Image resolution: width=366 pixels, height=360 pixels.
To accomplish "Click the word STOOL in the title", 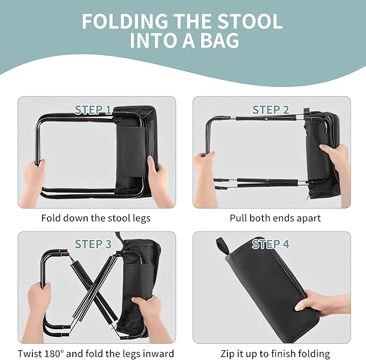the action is (x=250, y=22).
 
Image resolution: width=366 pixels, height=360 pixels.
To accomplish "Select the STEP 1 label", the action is (x=93, y=110).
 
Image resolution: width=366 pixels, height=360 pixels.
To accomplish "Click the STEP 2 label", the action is (x=271, y=110).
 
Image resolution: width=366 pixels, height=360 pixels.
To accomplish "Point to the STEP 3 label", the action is (x=93, y=244).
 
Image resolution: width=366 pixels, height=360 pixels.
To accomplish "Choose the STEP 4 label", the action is (x=271, y=244).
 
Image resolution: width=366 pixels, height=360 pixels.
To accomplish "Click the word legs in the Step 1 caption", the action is (x=142, y=219).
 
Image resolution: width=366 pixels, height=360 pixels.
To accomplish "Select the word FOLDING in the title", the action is (x=125, y=22).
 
